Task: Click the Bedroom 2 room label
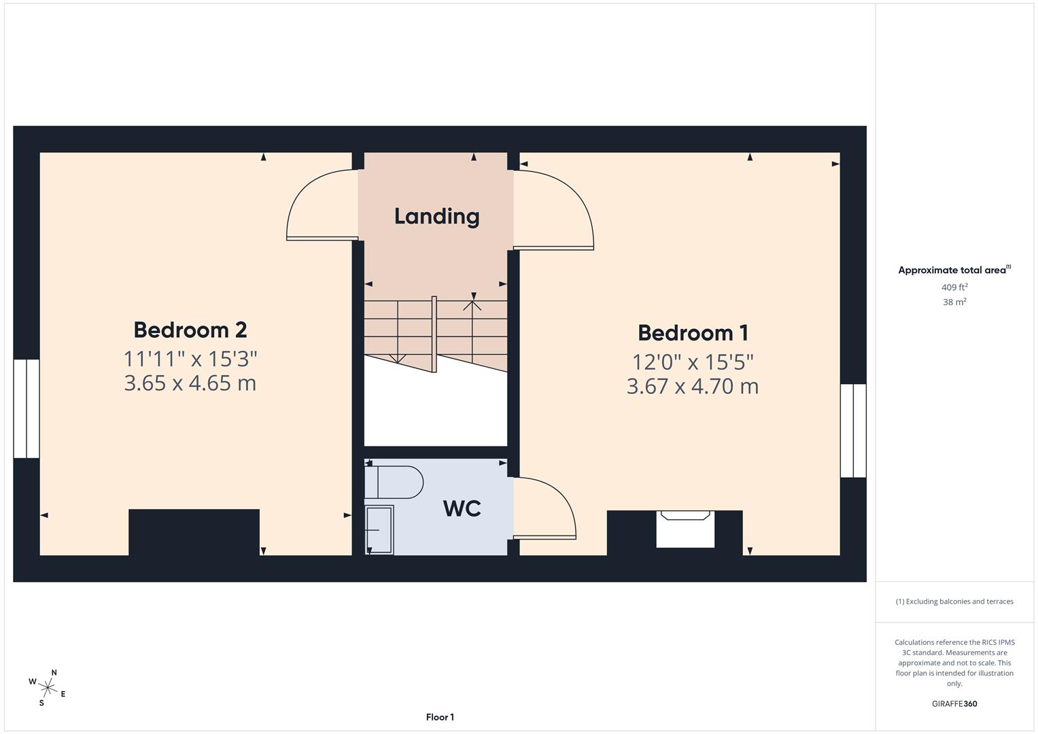190,330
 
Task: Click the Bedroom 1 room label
693,333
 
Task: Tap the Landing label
437,216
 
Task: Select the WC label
462,508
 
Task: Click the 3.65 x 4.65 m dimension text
190,383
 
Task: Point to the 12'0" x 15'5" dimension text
693,362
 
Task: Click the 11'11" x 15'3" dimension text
190,358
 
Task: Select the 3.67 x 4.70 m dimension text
693,387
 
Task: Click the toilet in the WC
394,482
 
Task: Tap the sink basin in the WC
379,530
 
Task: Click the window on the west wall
27,408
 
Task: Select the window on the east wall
853,430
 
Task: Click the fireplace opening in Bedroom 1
685,529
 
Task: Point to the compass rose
48,687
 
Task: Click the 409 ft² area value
954,287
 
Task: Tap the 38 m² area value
954,302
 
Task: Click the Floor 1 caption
440,717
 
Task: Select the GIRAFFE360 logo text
954,704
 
